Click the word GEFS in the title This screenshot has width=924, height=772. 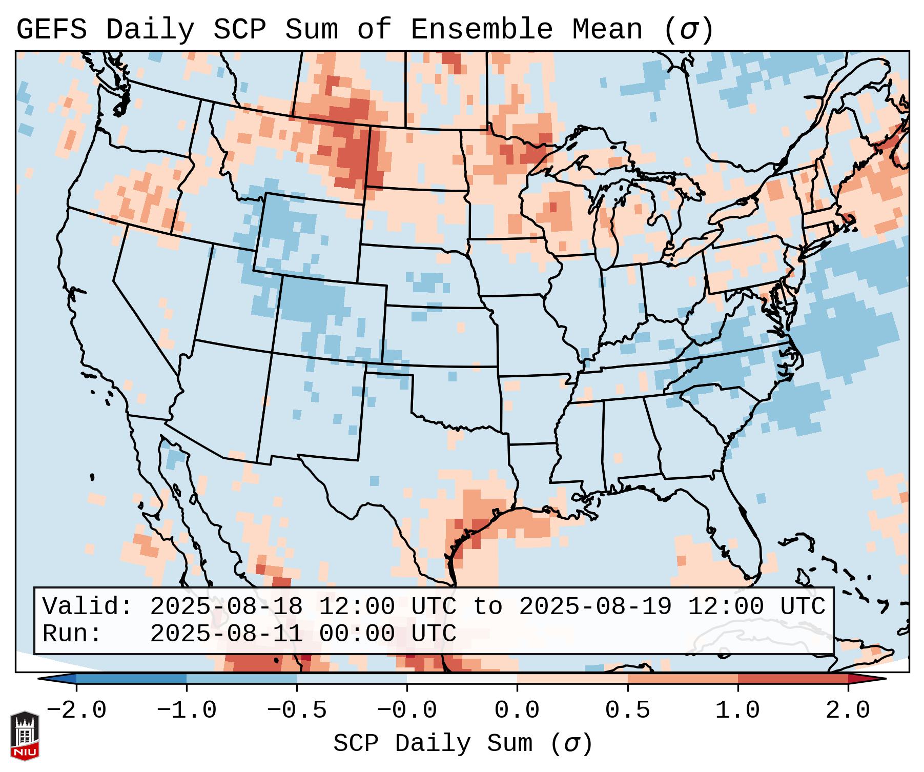(51, 29)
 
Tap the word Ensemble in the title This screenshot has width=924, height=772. (481, 29)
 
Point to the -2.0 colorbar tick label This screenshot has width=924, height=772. (76, 710)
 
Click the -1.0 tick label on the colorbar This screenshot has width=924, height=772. (186, 710)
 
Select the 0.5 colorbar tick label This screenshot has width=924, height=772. (627, 710)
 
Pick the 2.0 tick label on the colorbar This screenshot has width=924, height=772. (848, 710)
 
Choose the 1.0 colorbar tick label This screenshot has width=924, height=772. (737, 710)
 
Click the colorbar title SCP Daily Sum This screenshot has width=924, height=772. (433, 743)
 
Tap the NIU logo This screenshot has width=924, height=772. (25, 736)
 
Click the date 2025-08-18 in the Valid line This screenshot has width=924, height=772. (226, 606)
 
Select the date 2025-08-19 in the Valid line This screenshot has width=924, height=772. (595, 606)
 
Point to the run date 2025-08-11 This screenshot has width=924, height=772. (226, 634)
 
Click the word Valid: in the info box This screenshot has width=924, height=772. (88, 606)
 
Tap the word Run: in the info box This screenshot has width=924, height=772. (72, 634)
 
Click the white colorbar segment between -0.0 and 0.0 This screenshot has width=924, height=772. (462, 679)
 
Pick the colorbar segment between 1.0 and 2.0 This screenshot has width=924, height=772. (793, 679)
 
